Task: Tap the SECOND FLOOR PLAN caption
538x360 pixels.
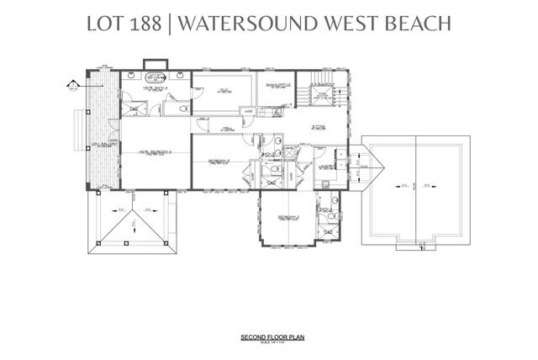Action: tap(269, 337)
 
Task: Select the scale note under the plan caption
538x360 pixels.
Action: tap(269, 342)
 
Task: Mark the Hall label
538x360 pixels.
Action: tap(228, 129)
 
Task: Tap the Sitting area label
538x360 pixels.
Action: tap(319, 128)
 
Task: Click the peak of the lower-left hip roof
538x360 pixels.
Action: tap(133, 220)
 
